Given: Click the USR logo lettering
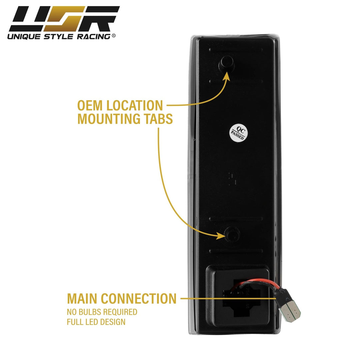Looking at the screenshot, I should [63, 19].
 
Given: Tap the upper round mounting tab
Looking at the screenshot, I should [226, 63].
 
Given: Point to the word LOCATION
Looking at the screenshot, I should [136, 106].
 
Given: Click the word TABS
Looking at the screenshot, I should [158, 119].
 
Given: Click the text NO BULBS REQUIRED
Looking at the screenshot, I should [102, 312].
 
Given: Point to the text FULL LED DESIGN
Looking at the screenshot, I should [96, 322].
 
